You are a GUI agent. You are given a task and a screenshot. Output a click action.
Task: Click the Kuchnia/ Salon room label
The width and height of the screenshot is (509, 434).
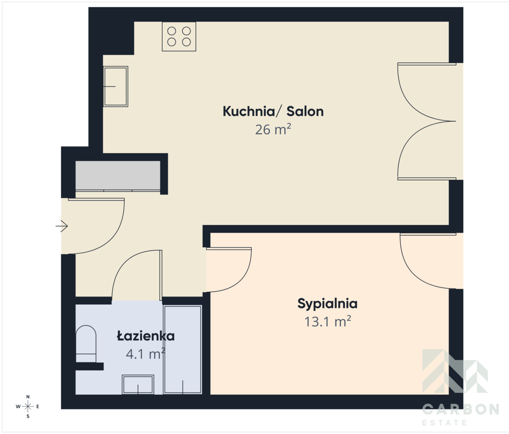point(273,111)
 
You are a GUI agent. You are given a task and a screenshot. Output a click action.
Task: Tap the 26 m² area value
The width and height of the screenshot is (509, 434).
point(273,129)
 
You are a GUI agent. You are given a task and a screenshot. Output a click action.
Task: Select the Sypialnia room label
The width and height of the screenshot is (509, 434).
point(327,304)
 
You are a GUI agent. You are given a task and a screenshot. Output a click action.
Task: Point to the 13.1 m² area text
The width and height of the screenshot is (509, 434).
point(327,322)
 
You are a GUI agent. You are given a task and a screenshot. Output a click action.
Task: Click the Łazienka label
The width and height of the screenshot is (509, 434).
point(146,336)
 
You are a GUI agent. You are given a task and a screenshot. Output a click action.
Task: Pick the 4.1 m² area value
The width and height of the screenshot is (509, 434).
point(145,354)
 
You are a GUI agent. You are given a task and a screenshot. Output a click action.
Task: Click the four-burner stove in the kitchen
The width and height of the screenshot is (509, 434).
point(179,36)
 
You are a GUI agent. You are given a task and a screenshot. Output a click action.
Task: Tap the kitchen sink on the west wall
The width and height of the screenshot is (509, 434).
point(115,87)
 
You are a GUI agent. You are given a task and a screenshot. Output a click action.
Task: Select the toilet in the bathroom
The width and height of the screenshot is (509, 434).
point(86,344)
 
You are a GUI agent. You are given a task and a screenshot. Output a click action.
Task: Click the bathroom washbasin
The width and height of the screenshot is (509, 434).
point(138,384)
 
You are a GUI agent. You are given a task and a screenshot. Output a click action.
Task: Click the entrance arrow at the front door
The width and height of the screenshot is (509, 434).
point(62,226)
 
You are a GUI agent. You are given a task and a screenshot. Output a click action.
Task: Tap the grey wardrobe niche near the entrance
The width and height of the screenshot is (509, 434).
point(118,175)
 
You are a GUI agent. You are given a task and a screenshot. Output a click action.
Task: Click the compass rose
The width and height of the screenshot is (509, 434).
point(28,406)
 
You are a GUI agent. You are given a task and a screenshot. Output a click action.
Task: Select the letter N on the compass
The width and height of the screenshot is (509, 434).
point(28,397)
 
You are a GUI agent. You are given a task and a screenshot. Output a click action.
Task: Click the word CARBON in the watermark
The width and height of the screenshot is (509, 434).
point(461,410)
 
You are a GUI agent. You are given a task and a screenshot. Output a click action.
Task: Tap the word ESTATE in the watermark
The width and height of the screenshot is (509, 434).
point(445,423)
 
